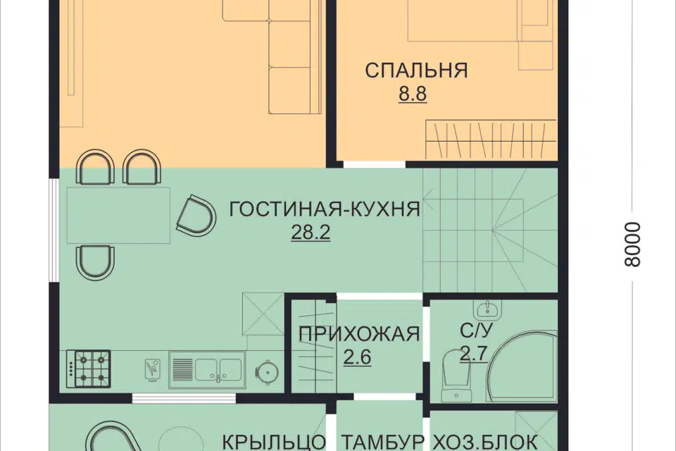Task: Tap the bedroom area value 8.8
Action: coord(413,94)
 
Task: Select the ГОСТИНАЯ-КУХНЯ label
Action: coord(325,209)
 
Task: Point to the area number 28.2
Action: coord(311,233)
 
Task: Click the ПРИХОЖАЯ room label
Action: coord(359,333)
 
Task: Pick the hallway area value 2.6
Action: coord(358,357)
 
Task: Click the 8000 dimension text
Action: coord(633,245)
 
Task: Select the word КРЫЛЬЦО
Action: coord(275,442)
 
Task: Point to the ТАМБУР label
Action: coord(383,442)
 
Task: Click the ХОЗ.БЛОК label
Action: coord(485,442)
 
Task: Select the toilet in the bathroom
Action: coord(452,371)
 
